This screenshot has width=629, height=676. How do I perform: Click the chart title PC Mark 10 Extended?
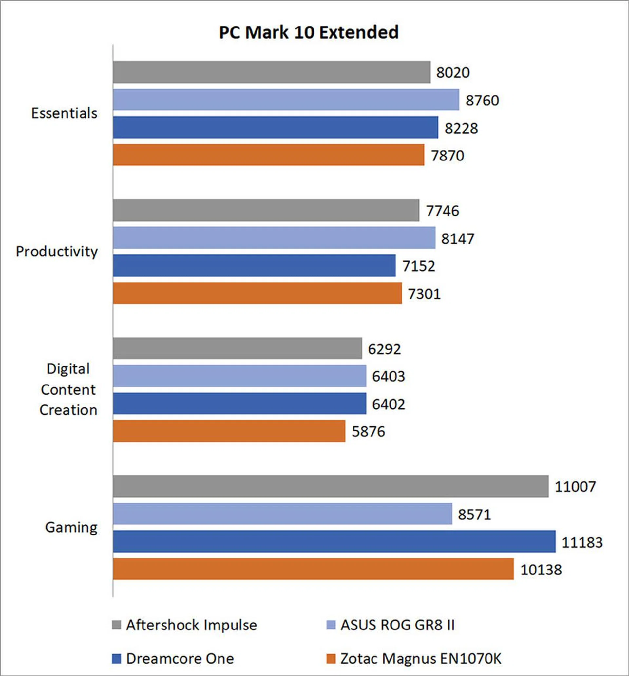(x=309, y=33)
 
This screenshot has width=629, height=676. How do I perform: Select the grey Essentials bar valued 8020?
(x=272, y=72)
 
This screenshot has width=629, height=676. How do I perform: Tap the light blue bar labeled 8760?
(x=286, y=100)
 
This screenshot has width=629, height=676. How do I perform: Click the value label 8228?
(x=461, y=128)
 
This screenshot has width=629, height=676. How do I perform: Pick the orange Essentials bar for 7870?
(x=268, y=155)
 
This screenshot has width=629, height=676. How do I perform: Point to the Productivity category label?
(x=57, y=252)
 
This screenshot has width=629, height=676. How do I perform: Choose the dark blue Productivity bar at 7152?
(x=254, y=266)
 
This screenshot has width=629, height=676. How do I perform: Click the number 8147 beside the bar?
(x=458, y=239)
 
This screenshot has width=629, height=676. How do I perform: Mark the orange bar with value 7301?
(x=257, y=293)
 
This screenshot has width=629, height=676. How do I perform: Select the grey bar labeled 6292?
(x=237, y=348)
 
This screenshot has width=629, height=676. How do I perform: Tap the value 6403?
(x=388, y=376)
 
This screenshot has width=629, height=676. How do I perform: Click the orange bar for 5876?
(x=229, y=431)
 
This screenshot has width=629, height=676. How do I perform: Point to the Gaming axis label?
(x=71, y=527)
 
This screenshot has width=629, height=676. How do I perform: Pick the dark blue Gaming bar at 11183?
(x=334, y=541)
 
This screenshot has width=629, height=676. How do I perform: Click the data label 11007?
(x=575, y=487)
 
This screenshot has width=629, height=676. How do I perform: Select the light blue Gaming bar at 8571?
(x=282, y=514)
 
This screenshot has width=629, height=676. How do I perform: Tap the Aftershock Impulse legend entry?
(x=191, y=625)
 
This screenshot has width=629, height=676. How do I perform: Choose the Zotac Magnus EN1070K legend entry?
(x=420, y=659)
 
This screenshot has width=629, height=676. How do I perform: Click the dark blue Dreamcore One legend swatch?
(x=117, y=659)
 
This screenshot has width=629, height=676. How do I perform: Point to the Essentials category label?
(x=64, y=113)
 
